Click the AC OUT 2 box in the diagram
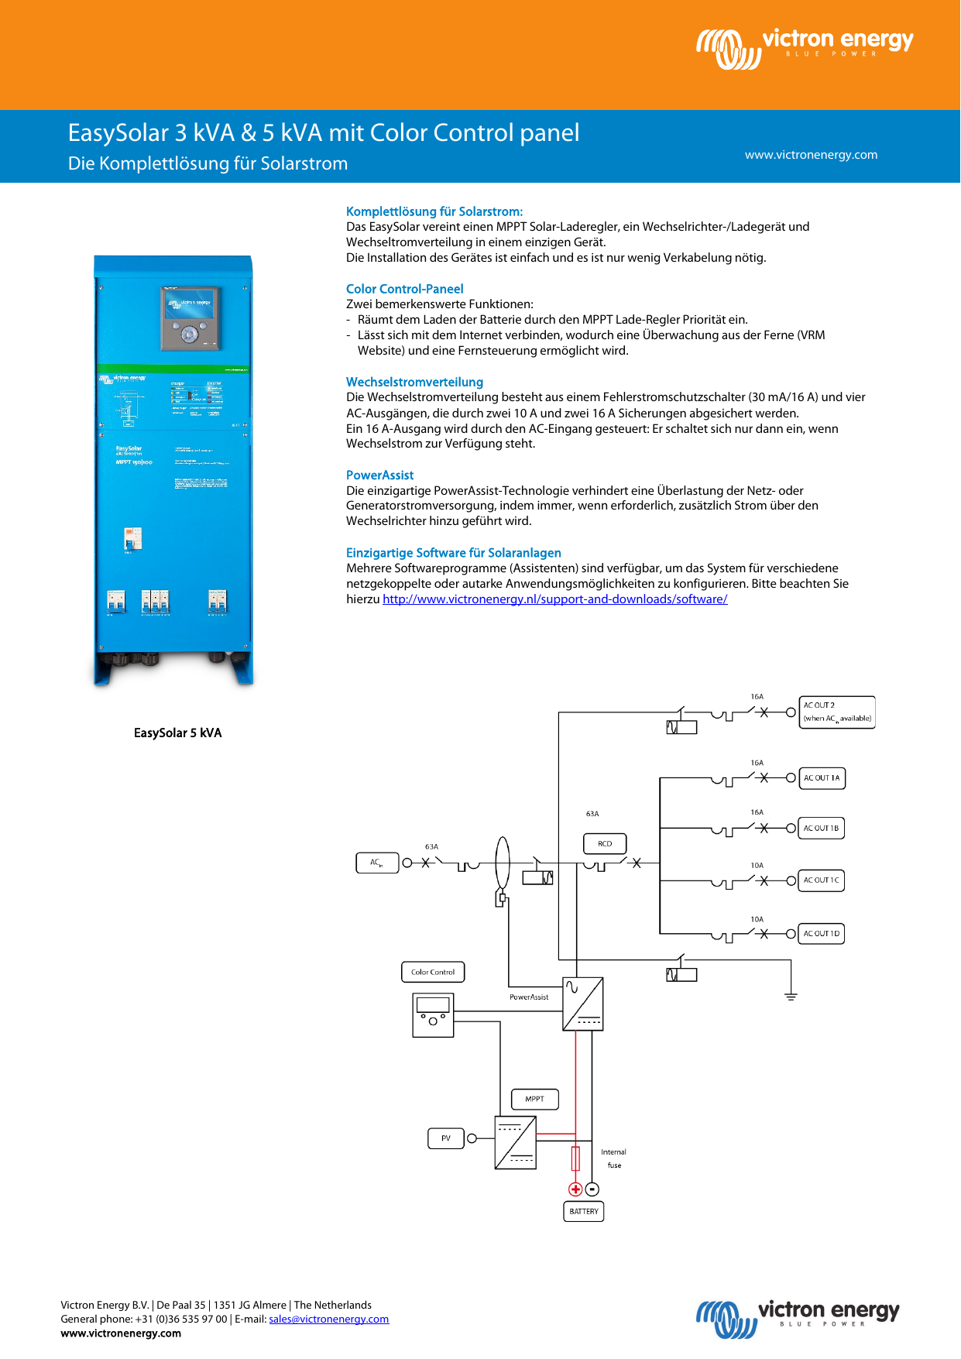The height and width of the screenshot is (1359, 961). tap(836, 712)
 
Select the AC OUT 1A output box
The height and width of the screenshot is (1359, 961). tap(822, 777)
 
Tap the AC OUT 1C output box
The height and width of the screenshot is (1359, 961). tap(822, 880)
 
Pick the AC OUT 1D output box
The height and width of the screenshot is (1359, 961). tap(822, 934)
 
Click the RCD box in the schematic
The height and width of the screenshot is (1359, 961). tap(605, 843)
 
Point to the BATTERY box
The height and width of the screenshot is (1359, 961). tap(583, 1211)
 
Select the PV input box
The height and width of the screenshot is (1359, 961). tap(446, 1138)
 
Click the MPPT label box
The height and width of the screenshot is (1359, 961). tap(535, 1099)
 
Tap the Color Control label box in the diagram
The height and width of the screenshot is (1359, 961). tap(433, 972)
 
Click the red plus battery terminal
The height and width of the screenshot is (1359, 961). tap(575, 1189)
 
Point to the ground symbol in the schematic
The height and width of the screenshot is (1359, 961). tap(791, 996)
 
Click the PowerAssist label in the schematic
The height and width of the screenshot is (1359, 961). tap(529, 997)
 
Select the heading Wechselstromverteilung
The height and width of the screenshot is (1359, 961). tap(414, 382)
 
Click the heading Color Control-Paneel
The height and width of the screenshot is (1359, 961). tap(404, 289)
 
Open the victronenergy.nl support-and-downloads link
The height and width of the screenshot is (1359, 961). tap(554, 599)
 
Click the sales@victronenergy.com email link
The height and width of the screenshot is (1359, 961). tap(328, 1319)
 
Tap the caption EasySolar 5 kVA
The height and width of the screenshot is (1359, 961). tap(177, 733)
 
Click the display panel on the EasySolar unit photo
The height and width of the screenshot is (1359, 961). tap(190, 317)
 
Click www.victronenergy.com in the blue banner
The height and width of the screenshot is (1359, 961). tap(811, 155)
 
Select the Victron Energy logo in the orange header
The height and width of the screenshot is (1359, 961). tap(805, 48)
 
